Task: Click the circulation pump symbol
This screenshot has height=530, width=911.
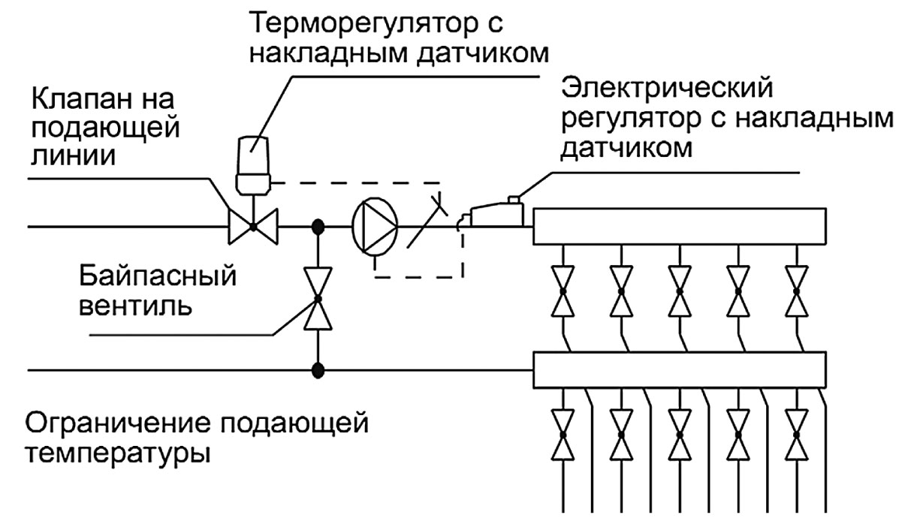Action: tap(374, 225)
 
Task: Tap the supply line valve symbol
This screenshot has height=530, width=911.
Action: tap(253, 225)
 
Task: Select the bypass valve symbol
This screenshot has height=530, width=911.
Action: tap(318, 300)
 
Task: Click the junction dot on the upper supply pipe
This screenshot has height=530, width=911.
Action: tap(318, 225)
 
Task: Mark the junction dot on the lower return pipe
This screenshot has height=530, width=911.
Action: tap(318, 369)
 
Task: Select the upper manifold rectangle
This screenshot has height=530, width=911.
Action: tap(680, 226)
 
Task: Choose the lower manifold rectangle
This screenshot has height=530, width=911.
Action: tap(680, 369)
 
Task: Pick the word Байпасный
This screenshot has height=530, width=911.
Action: tap(158, 279)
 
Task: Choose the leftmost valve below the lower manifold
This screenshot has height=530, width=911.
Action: tap(561, 434)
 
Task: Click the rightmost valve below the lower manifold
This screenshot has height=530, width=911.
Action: tap(797, 434)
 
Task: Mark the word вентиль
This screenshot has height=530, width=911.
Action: tap(131, 307)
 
